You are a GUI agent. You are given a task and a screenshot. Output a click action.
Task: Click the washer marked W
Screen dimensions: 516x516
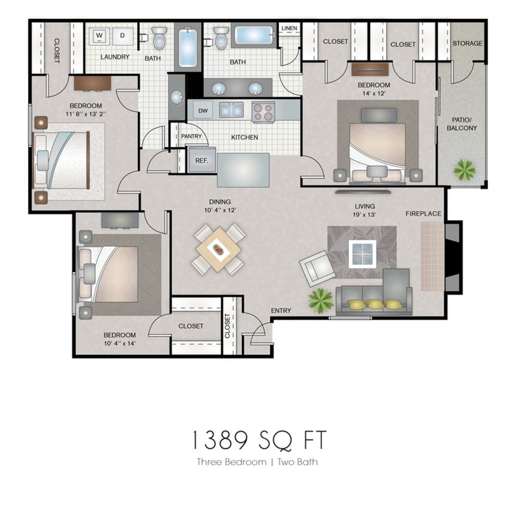(x=98, y=36)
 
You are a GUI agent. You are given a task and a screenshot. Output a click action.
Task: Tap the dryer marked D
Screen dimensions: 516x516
(x=122, y=36)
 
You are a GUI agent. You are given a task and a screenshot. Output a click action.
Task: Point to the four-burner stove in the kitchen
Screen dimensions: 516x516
(x=264, y=112)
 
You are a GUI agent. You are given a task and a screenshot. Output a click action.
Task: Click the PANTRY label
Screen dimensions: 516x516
(x=191, y=137)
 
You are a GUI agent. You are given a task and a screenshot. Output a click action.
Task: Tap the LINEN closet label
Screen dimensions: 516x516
(x=289, y=29)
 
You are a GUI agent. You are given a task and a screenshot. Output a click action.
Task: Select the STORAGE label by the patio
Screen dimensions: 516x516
(x=467, y=43)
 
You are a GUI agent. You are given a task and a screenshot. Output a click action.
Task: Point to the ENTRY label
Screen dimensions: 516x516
(x=281, y=311)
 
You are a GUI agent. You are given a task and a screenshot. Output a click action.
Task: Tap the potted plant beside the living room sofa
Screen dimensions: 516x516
(x=320, y=300)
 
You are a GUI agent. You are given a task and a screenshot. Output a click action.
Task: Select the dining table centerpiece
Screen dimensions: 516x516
(x=218, y=249)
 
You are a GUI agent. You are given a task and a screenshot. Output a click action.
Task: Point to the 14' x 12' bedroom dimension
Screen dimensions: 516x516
(x=374, y=94)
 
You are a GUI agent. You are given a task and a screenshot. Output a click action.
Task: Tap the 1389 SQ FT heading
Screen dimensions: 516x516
(x=257, y=440)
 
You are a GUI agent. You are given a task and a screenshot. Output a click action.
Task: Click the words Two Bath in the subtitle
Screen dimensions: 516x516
(x=297, y=462)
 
